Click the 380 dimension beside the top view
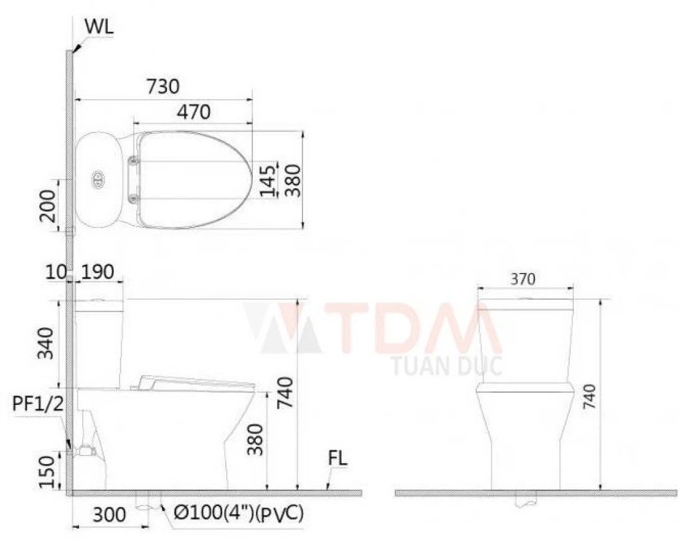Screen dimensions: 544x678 coord(291,181)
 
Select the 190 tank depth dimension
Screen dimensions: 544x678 coord(97,272)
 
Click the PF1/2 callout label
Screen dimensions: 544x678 coord(36,404)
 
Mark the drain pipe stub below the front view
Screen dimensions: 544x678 coord(527,501)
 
